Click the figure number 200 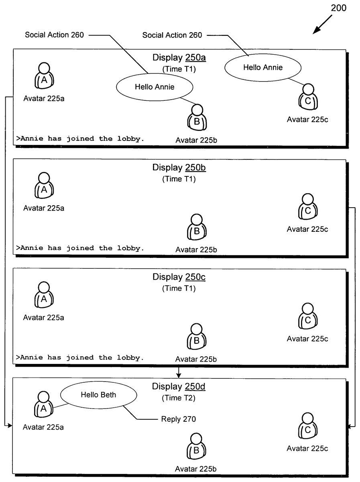point(338,8)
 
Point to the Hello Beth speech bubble point(98,395)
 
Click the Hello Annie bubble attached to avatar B point(155,86)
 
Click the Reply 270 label point(179,419)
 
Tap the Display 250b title point(179,167)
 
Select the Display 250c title point(179,277)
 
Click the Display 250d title point(179,386)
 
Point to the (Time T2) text point(179,398)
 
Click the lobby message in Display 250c point(80,357)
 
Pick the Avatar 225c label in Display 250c point(307,339)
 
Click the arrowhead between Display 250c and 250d point(179,376)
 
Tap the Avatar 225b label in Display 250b point(196,250)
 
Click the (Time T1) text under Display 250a point(179,69)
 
